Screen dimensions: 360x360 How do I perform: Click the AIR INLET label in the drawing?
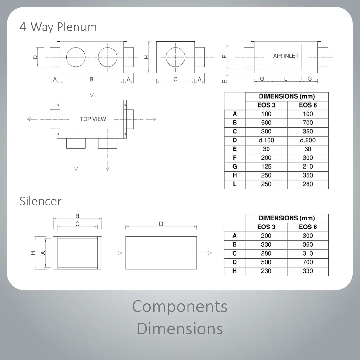286,56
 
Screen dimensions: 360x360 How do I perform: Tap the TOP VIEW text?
93,119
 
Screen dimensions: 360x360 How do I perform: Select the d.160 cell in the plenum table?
266,140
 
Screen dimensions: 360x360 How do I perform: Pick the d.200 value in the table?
308,140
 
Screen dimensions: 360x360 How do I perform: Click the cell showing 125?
266,166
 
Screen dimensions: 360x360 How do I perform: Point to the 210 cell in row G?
308,166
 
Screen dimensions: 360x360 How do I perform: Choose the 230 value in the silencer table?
266,271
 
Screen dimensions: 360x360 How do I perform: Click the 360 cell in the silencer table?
308,244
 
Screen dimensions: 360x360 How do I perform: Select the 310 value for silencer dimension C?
308,253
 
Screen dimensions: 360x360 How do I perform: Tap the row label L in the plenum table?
235,184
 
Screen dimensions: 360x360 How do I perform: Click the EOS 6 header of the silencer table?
308,227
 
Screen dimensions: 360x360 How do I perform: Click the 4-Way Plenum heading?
58,27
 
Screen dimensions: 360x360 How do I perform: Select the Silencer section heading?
41,201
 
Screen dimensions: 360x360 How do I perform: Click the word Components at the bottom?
180,306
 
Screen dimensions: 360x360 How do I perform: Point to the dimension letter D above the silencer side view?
161,224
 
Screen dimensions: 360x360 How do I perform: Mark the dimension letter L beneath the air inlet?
286,79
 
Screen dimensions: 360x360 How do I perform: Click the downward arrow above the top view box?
92,93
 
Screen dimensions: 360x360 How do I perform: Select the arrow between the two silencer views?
116,253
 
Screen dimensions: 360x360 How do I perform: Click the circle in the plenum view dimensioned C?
175,57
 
